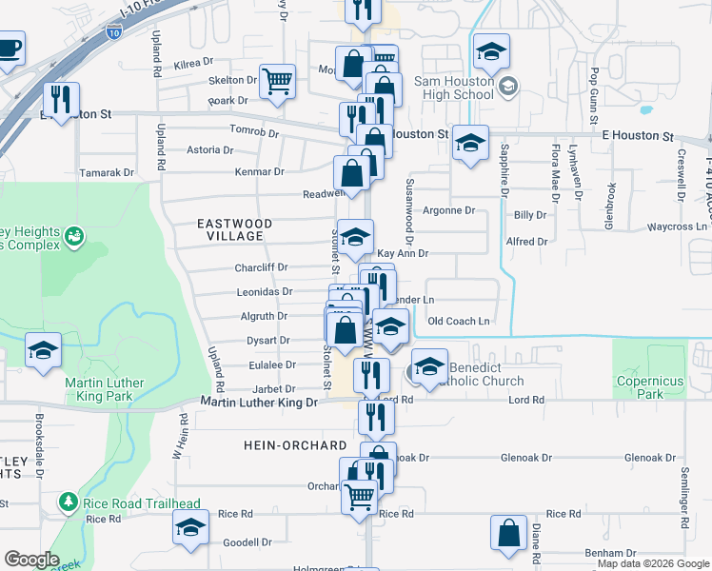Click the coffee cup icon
[9, 47]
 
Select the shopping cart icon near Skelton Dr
[277, 81]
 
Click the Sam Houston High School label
[453, 89]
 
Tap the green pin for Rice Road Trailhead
[68, 502]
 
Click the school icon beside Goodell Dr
[189, 526]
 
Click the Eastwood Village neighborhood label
[234, 229]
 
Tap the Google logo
[31, 560]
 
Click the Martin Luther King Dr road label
[259, 404]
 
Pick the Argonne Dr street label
[447, 210]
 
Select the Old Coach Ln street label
[458, 322]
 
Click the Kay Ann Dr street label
[403, 254]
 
